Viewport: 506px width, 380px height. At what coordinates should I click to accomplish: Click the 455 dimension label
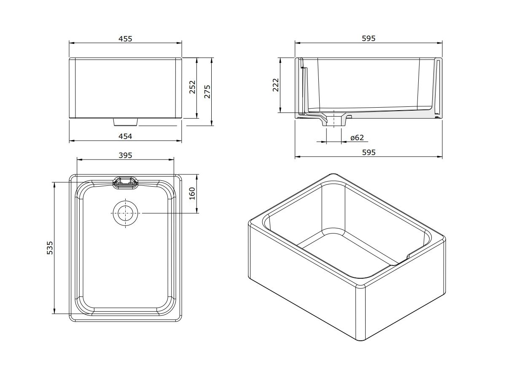125,38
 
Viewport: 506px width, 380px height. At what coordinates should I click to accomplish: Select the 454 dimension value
125,136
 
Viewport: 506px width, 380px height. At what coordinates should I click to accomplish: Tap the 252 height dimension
192,87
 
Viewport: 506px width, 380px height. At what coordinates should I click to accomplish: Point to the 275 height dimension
207,91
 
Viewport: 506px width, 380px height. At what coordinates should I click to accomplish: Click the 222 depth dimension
276,85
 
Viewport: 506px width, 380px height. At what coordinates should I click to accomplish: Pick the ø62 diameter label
357,138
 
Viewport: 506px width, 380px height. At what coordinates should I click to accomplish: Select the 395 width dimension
125,155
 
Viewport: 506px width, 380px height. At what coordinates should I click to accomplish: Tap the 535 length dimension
50,248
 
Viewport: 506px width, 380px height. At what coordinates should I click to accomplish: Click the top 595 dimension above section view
369,38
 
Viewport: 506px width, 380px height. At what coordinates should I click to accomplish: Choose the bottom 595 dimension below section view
369,152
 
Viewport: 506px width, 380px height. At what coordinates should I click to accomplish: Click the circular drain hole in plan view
125,214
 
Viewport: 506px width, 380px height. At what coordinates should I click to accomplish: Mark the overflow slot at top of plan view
125,182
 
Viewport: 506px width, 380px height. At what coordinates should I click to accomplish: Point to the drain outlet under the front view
125,122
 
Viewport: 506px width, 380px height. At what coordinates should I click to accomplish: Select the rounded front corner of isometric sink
361,291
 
